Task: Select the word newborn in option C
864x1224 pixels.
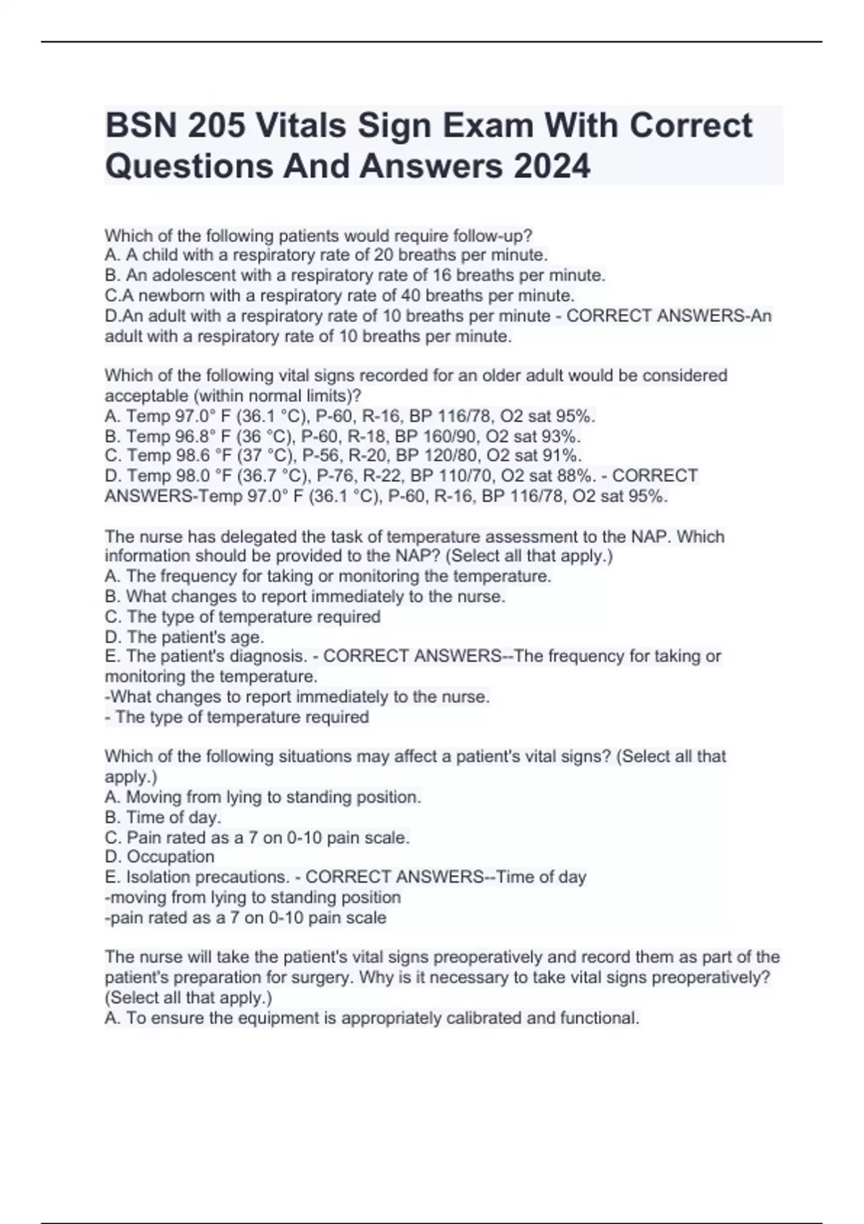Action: [172, 295]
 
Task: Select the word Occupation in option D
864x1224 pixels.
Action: [171, 857]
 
